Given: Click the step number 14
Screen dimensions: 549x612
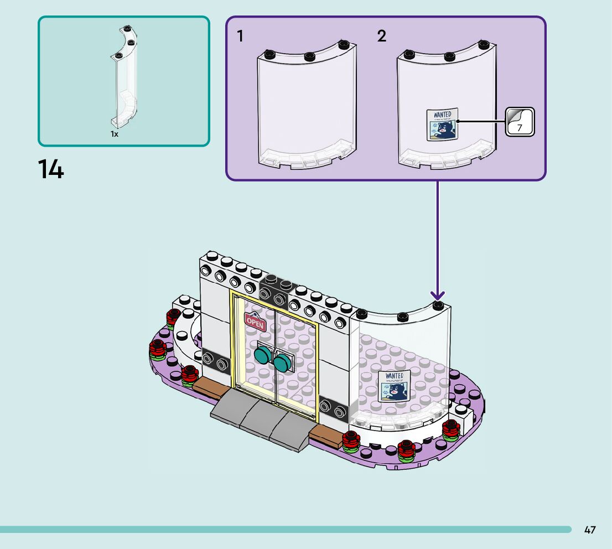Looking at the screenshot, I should (x=51, y=169).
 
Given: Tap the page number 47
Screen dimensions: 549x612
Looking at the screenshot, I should (x=590, y=530).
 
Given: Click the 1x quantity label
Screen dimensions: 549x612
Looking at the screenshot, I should (x=114, y=134).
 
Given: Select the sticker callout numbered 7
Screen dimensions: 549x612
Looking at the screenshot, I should (x=520, y=122).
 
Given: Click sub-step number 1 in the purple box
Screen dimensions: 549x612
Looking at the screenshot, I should (x=240, y=37).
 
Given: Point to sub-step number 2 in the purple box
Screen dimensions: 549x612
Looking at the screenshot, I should (x=382, y=37).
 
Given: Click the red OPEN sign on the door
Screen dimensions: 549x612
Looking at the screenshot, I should (x=255, y=321).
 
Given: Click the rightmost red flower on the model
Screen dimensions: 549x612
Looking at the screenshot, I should (x=451, y=429).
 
